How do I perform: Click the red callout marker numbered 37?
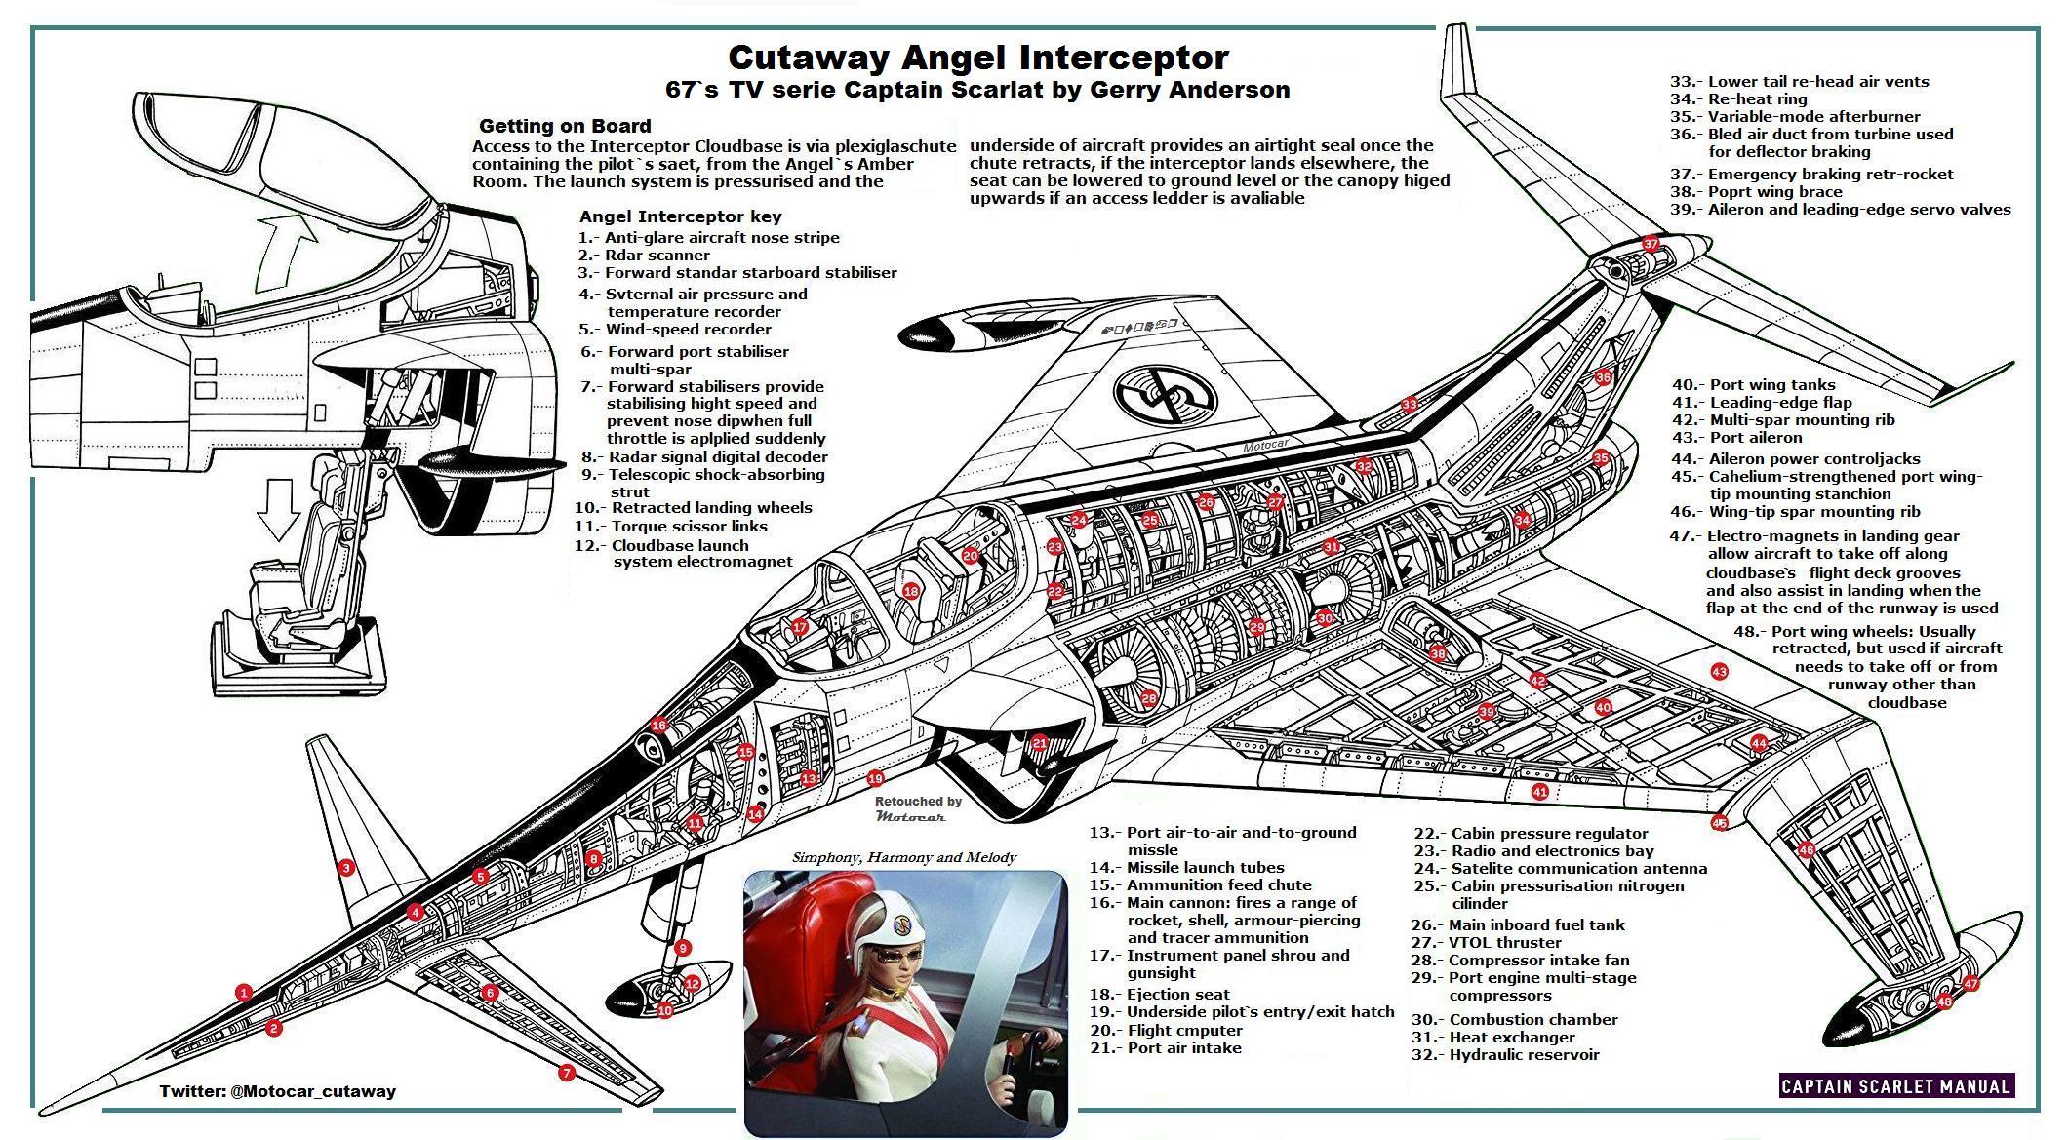click(x=1651, y=244)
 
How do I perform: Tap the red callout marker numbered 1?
click(x=244, y=993)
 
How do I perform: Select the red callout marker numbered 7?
click(x=567, y=1073)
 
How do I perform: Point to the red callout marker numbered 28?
click(x=1149, y=698)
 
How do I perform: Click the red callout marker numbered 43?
click(x=1719, y=672)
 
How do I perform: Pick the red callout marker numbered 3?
click(x=345, y=867)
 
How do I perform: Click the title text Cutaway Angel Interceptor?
click(x=977, y=57)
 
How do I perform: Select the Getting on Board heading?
click(x=565, y=126)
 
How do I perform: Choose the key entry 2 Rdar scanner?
click(x=644, y=255)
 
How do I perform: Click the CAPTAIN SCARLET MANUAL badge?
click(x=1895, y=1086)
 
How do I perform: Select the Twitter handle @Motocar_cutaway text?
click(x=278, y=1091)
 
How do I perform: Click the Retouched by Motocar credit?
click(x=917, y=808)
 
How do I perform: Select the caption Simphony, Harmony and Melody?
click(x=904, y=858)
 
